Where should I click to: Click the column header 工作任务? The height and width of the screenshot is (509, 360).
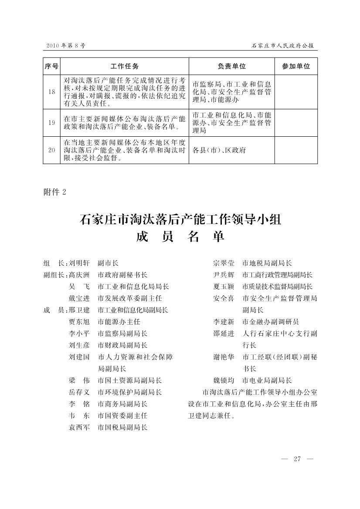(x=124, y=66)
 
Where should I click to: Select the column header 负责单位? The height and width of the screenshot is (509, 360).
(x=231, y=66)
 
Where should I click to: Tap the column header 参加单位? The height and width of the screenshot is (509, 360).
(x=296, y=66)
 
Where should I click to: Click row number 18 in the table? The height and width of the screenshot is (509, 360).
(x=51, y=92)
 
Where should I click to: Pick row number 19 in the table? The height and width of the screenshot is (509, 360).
(x=51, y=122)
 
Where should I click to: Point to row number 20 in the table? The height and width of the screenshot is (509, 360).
(x=51, y=150)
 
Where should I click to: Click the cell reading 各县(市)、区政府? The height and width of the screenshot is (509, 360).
(x=219, y=150)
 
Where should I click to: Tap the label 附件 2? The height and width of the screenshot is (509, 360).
(x=54, y=192)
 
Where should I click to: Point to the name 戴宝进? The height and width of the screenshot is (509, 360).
(x=79, y=299)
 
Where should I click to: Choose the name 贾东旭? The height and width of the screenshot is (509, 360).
(x=79, y=322)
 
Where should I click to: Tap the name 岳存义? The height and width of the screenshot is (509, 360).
(x=79, y=392)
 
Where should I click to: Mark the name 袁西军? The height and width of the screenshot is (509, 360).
(x=79, y=428)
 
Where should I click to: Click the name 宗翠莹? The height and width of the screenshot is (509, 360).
(x=224, y=263)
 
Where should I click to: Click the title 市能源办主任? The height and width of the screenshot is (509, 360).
(x=119, y=322)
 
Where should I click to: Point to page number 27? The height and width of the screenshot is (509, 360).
(x=298, y=459)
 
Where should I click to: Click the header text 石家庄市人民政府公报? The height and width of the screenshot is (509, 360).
(x=283, y=45)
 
